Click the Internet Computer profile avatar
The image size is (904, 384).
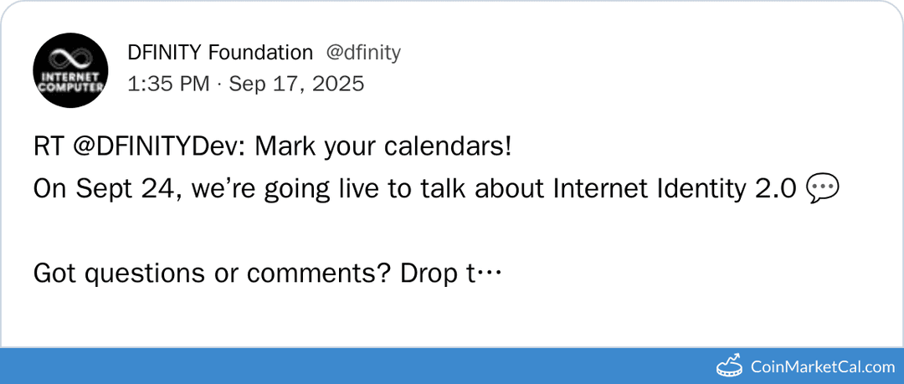coord(70,70)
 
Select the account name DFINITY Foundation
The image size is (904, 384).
coord(220,53)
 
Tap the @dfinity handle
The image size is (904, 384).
coord(363,53)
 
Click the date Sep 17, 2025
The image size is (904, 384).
coord(296,84)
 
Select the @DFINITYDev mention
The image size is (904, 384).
coord(155,147)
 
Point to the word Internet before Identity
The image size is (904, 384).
coord(600,189)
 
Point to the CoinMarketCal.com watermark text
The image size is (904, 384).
coord(822,366)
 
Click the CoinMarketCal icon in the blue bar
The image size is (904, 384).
coord(730,366)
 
